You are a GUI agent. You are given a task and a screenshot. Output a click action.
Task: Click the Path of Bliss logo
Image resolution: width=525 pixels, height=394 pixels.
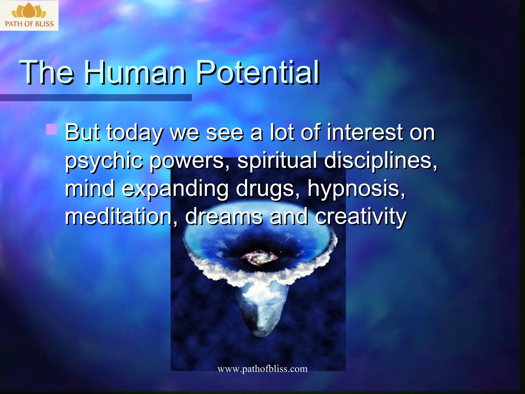coord(29,15)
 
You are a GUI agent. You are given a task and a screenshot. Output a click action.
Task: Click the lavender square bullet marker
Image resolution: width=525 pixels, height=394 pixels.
coord(52,129)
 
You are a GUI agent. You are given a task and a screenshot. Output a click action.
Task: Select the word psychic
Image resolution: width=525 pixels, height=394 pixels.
coord(104,161)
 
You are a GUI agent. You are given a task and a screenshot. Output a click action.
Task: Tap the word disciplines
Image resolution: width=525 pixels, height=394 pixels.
coord(380,161)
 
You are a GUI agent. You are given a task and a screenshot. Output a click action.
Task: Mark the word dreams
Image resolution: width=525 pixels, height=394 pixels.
coord(224,217)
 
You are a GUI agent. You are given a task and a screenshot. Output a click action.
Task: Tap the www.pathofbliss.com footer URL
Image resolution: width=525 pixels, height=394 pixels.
coord(262,369)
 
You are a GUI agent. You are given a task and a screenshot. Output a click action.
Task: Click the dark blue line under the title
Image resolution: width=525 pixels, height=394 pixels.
coord(96,97)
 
